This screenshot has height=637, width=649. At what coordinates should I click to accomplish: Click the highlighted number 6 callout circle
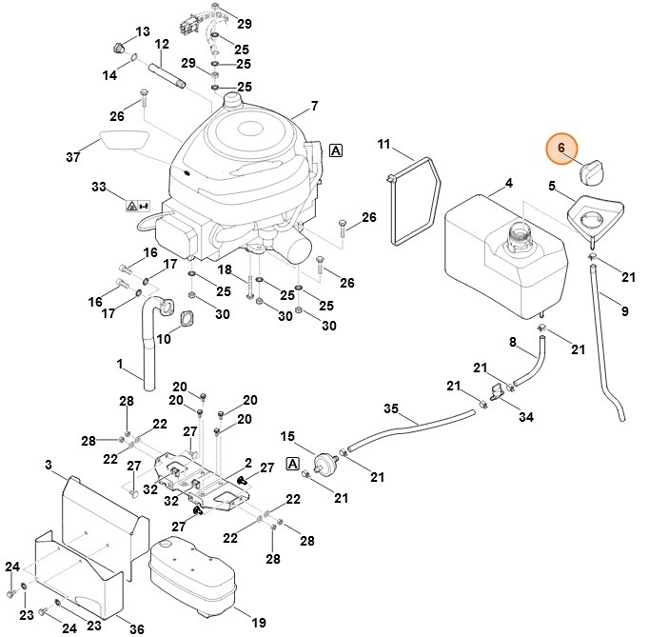click(x=561, y=149)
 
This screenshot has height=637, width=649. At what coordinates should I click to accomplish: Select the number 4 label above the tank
click(x=508, y=183)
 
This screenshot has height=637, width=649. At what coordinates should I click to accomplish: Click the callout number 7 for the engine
click(x=314, y=105)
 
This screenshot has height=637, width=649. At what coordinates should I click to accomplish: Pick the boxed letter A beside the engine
click(x=335, y=149)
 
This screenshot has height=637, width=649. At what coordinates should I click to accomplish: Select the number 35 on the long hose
click(x=389, y=409)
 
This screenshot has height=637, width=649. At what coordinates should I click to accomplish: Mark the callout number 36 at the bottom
click(x=136, y=628)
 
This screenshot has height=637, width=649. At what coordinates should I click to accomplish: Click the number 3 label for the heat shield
click(x=48, y=465)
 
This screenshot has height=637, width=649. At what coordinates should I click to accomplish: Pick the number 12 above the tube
click(x=162, y=44)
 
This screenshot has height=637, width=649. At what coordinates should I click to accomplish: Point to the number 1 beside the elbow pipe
click(x=121, y=363)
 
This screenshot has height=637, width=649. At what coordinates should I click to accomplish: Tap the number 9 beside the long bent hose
click(x=624, y=310)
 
